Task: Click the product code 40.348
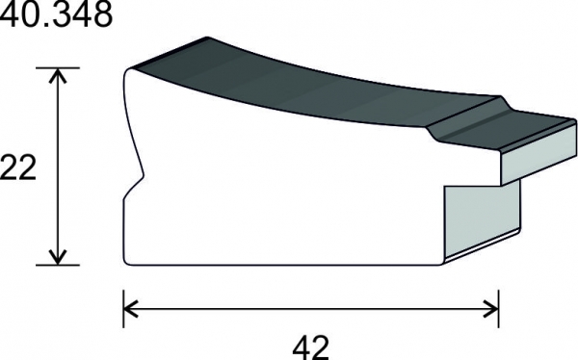click(56, 14)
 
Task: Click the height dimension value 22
click(18, 167)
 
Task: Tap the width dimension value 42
click(310, 347)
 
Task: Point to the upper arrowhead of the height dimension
click(58, 75)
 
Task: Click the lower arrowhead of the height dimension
click(58, 257)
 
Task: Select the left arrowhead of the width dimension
click(131, 309)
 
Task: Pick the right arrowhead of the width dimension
click(491, 309)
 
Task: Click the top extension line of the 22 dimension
click(58, 67)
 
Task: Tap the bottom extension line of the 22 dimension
click(58, 265)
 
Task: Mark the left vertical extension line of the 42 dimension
click(123, 309)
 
